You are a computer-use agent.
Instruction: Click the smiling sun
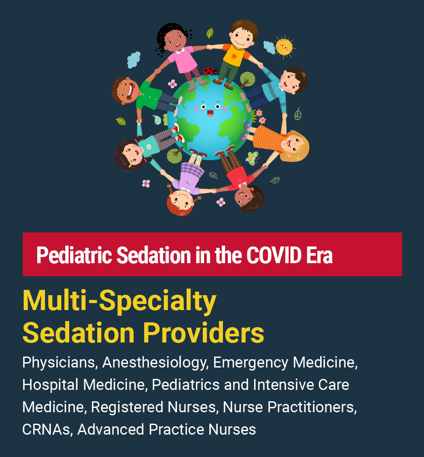pyautogui.click(x=284, y=46)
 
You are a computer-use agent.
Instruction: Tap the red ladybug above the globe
pyautogui.click(x=210, y=71)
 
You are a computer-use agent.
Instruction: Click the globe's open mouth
pyautogui.click(x=210, y=114)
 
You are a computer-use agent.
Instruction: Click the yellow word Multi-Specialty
pyautogui.click(x=120, y=302)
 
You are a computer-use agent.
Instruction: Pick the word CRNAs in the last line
pyautogui.click(x=47, y=429)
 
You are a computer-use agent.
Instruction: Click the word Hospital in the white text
pyautogui.click(x=50, y=385)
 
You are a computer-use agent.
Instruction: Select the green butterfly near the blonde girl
pyautogui.click(x=253, y=157)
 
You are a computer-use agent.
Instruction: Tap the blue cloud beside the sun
pyautogui.click(x=269, y=47)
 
